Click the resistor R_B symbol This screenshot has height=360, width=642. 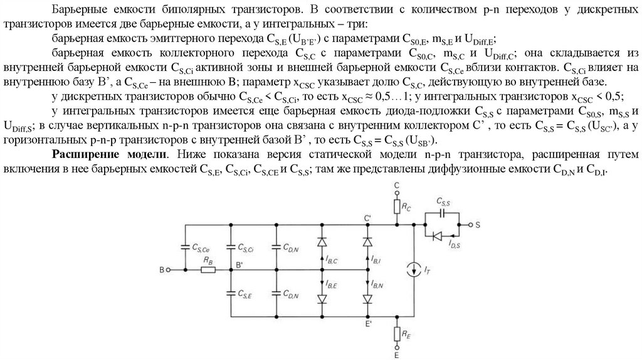click(x=208, y=270)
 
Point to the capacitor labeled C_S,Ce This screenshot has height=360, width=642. click(x=186, y=247)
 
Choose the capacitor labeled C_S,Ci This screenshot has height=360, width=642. click(x=231, y=247)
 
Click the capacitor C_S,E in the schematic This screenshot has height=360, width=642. click(x=231, y=292)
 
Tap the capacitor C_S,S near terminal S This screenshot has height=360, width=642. click(x=443, y=211)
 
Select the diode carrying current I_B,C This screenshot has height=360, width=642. click(x=322, y=242)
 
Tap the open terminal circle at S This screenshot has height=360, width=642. click(x=467, y=224)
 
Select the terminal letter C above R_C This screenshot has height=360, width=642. click(x=396, y=186)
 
